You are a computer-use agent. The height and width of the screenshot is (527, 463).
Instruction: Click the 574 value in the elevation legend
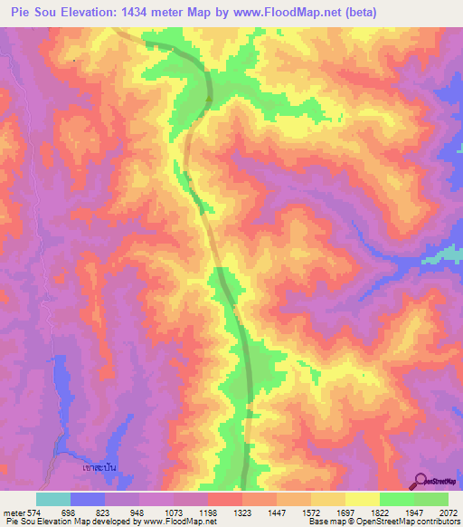point(29,512)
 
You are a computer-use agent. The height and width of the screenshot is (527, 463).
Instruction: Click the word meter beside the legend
point(11,512)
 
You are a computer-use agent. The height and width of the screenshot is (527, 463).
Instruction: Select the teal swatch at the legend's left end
point(52,499)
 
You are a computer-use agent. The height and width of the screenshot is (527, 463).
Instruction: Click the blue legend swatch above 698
point(87,499)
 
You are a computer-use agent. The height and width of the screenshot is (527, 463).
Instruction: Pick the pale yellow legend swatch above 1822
point(362,499)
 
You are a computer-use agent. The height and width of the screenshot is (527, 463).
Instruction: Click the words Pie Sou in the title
point(35,13)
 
